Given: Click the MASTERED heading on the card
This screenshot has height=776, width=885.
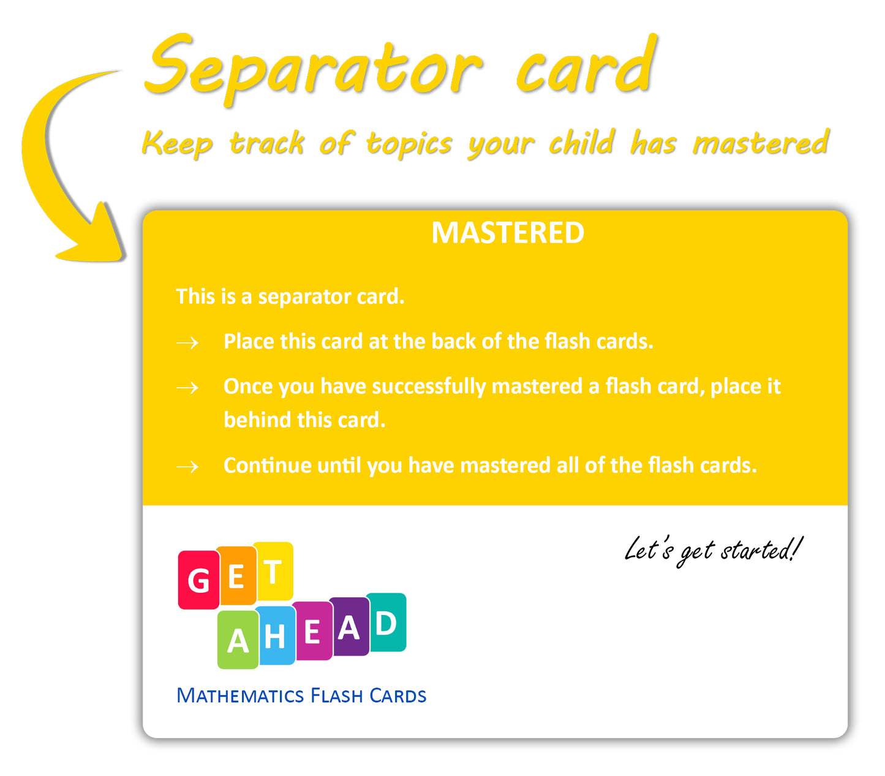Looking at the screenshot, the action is point(508,233).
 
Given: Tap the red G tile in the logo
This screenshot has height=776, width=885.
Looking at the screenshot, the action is point(198,579).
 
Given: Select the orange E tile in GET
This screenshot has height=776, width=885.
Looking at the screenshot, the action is point(236,576).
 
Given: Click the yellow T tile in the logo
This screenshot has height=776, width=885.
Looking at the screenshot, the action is point(273,571).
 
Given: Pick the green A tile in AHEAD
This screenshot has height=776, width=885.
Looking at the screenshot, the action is point(238,639).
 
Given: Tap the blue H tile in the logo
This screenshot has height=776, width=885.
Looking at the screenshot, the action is point(275,635).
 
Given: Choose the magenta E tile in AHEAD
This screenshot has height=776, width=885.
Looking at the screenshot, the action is point(312,631).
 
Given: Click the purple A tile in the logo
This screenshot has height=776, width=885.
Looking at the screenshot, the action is point(350,627).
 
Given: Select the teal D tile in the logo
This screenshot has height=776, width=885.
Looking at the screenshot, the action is point(386,622).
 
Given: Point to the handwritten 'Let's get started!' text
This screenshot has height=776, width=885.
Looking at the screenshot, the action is point(714,551).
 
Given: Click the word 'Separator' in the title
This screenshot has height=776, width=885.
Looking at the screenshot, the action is point(314,68).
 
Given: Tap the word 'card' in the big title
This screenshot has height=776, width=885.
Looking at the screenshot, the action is point(586,65).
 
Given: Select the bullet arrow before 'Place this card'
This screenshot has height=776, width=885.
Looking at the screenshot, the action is point(187,343).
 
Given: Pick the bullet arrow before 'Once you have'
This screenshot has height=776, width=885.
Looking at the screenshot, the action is point(187,388).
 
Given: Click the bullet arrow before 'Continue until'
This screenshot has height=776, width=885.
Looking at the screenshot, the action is point(187,467).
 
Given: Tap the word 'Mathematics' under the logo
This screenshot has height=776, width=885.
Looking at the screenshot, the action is point(240,696).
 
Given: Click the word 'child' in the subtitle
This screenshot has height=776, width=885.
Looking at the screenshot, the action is point(581,142).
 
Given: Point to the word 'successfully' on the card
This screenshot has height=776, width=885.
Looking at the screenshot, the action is point(429,387).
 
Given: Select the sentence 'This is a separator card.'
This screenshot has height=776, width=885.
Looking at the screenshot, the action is point(290,297).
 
